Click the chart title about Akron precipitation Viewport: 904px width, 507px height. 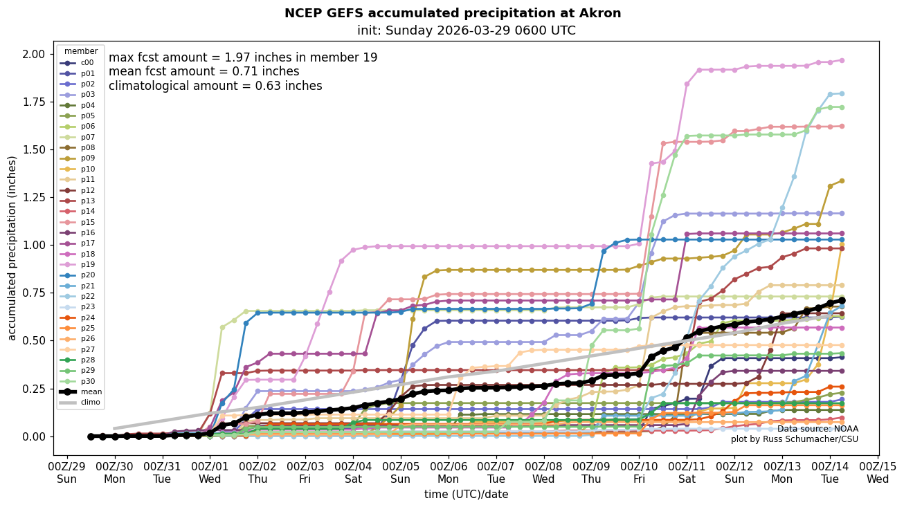point(453,13)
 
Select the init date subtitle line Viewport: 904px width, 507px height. point(466,30)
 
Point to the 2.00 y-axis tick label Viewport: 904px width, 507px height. point(33,54)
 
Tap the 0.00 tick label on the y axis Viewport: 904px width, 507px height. point(33,436)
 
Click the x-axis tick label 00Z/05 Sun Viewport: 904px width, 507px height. point(401,473)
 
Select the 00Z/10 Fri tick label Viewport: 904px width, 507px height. point(639,473)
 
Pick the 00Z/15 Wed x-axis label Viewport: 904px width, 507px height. point(877,473)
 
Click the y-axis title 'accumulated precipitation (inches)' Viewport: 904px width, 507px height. point(12,248)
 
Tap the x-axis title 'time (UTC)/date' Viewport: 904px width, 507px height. point(466,495)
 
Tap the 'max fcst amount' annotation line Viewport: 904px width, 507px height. point(243,57)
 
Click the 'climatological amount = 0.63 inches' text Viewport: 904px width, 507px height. point(215,86)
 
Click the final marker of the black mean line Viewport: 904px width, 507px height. point(842,300)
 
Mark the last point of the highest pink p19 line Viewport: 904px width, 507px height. point(842,60)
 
